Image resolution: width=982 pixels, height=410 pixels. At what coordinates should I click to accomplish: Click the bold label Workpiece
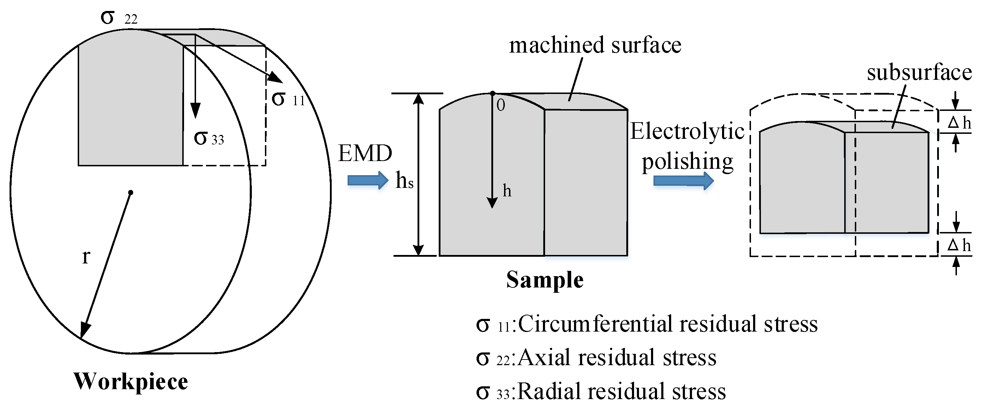(x=131, y=381)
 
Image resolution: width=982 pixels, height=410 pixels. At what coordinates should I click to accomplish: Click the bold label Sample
(x=545, y=280)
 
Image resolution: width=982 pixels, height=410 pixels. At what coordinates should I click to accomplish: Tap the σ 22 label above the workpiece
(x=119, y=17)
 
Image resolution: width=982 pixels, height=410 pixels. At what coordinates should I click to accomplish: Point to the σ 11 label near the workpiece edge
(x=288, y=99)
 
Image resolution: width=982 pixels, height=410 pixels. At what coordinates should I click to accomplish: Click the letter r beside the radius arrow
(x=86, y=257)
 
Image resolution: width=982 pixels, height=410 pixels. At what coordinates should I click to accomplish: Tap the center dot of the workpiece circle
(x=131, y=192)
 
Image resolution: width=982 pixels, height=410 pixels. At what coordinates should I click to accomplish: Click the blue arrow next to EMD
(x=367, y=180)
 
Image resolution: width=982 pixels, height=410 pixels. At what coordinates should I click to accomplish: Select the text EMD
(x=365, y=153)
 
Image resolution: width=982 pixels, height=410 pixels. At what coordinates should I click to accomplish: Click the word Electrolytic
(x=687, y=131)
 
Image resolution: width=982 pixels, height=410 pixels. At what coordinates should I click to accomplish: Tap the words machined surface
(x=595, y=45)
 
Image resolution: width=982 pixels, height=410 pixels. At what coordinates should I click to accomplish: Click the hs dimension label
(x=404, y=180)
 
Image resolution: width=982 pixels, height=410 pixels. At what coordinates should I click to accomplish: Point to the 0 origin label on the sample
(x=501, y=105)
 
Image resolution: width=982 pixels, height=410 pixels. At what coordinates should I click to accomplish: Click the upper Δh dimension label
(x=959, y=123)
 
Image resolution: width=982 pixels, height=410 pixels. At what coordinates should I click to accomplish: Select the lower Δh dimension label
(x=959, y=245)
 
